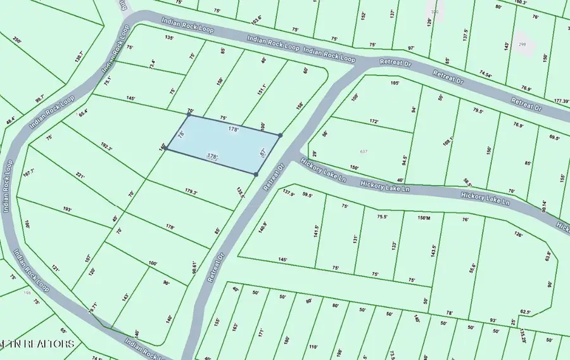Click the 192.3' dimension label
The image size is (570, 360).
pos(106,148)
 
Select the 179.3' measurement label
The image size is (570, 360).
pos(191,192)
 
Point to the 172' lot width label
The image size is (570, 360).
pos(374,121)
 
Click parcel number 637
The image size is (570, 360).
pos(364,151)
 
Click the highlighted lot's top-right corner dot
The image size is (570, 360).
pos(280,135)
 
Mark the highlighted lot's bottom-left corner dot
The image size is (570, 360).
pos(167,150)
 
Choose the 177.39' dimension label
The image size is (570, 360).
pos(561,101)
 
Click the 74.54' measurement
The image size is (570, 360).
pos(485,74)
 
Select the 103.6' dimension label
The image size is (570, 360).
pos(256,20)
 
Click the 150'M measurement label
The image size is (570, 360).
pos(424,217)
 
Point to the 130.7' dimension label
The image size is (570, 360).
pos(79,56)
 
